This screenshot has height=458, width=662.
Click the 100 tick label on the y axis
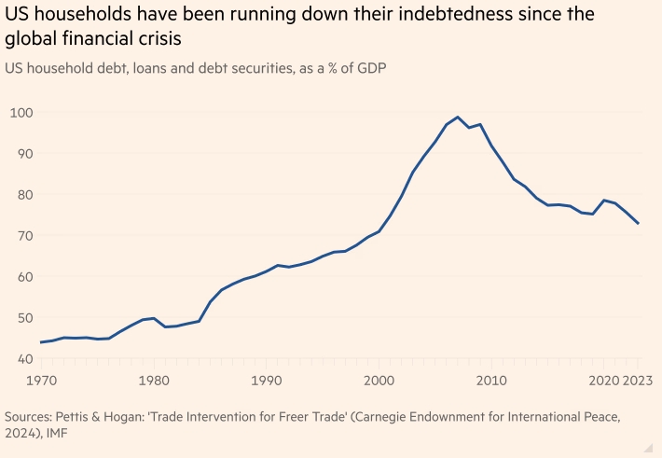pyautogui.click(x=21, y=113)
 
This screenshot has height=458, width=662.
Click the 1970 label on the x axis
pyautogui.click(x=42, y=382)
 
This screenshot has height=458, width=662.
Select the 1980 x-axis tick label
pyautogui.click(x=154, y=382)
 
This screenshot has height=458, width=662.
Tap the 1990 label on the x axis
pyautogui.click(x=267, y=382)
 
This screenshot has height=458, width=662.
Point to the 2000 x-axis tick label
pyautogui.click(x=379, y=382)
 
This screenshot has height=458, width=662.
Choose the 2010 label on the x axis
pyautogui.click(x=491, y=382)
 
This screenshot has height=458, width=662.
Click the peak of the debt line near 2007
pyautogui.click(x=458, y=118)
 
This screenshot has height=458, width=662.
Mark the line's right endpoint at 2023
pyautogui.click(x=638, y=224)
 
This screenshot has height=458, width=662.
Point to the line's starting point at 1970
pyautogui.click(x=42, y=342)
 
